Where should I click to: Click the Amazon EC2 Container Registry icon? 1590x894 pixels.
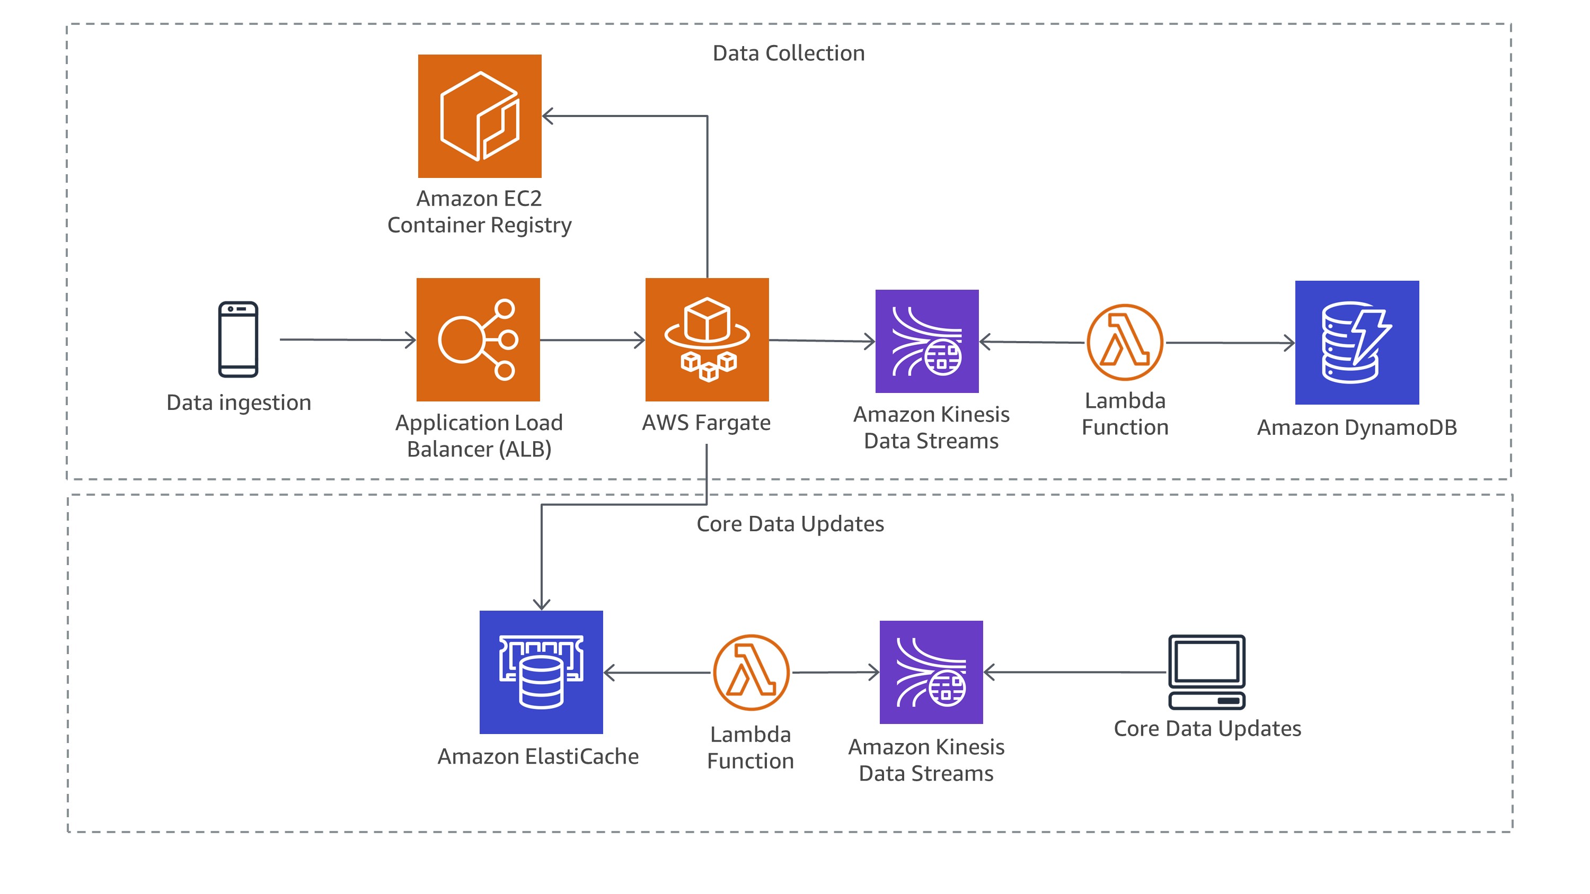480,116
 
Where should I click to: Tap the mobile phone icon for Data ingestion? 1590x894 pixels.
238,339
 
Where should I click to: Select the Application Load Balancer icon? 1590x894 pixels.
479,340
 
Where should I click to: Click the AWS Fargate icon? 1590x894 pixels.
706,340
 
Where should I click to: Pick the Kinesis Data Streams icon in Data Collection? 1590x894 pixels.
927,341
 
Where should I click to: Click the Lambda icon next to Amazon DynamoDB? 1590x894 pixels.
1125,343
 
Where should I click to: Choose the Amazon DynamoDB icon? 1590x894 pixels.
1357,343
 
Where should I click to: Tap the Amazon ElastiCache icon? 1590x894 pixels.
541,673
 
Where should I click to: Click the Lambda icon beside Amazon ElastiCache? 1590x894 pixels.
751,673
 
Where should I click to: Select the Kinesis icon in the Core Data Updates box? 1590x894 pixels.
931,673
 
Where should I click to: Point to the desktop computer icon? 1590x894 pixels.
1207,673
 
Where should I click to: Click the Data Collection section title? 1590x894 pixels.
789,53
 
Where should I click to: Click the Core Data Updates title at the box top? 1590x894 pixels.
790,524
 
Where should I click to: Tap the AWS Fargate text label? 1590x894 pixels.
706,423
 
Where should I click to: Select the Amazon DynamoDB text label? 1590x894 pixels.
1357,427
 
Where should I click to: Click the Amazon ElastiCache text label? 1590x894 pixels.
538,756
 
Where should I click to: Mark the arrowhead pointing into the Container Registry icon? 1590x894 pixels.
547,116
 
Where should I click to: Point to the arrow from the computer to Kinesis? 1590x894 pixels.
1074,672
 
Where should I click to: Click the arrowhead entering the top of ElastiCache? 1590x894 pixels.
541,605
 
